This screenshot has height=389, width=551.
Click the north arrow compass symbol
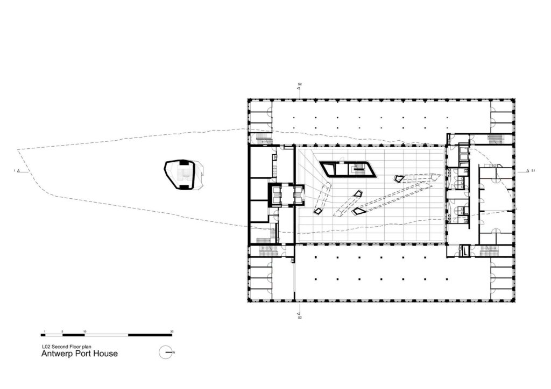click(167, 352)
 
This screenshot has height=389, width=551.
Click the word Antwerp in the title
click(58, 354)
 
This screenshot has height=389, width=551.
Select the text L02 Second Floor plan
click(64, 347)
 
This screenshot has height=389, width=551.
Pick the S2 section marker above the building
click(300, 85)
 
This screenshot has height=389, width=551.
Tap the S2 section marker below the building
click(300, 318)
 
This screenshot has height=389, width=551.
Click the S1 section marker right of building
click(533, 171)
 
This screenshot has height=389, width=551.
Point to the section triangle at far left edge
click(18, 171)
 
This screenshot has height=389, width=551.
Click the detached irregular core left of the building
click(182, 174)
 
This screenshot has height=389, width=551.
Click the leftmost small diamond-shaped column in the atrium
click(319, 211)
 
